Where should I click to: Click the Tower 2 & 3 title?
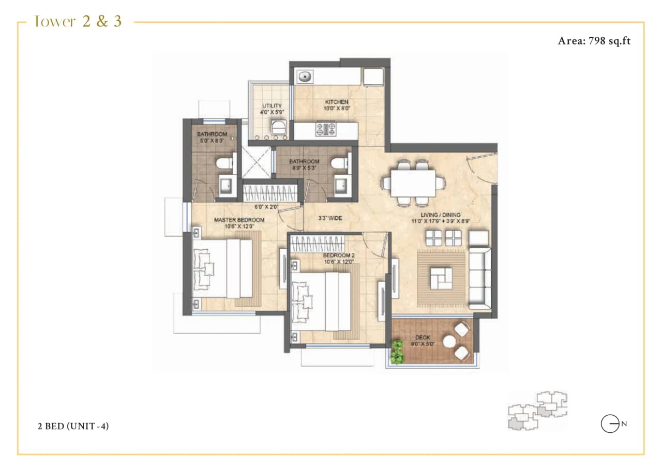point(78,22)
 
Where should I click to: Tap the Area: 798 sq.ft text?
point(594,41)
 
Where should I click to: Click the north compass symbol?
point(610,424)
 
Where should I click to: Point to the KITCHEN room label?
point(336,102)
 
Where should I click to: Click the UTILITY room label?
point(272,106)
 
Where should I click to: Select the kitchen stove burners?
point(325,128)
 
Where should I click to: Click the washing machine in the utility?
point(279,127)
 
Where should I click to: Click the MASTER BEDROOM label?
point(239,220)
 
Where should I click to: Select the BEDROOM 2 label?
point(338,255)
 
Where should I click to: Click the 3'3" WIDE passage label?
point(330,218)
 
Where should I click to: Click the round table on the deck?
point(449,342)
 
